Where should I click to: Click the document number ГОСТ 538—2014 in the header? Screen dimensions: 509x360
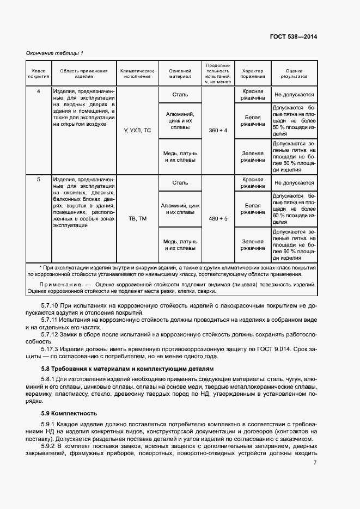click(293, 37)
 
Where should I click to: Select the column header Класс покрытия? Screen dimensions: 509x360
click(39, 74)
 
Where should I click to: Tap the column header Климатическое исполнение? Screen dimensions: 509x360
click(137, 74)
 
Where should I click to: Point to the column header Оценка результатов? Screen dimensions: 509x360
click(294, 74)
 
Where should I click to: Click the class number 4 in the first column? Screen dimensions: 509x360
click(39, 91)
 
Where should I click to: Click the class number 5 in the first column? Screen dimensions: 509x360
click(39, 179)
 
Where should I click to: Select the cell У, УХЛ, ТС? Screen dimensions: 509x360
click(137, 131)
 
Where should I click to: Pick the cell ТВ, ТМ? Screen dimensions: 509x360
click(137, 219)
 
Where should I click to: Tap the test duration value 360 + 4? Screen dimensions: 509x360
click(218, 131)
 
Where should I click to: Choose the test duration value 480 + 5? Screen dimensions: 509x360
click(218, 219)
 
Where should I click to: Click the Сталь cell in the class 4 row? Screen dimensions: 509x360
click(180, 95)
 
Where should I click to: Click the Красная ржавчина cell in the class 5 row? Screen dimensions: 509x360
click(253, 183)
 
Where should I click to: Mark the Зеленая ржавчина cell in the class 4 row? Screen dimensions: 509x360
click(253, 157)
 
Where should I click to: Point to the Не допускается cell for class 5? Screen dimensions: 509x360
click(294, 183)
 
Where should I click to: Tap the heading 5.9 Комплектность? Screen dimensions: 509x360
click(65, 413)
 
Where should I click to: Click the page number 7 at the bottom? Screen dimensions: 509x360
click(315, 463)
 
